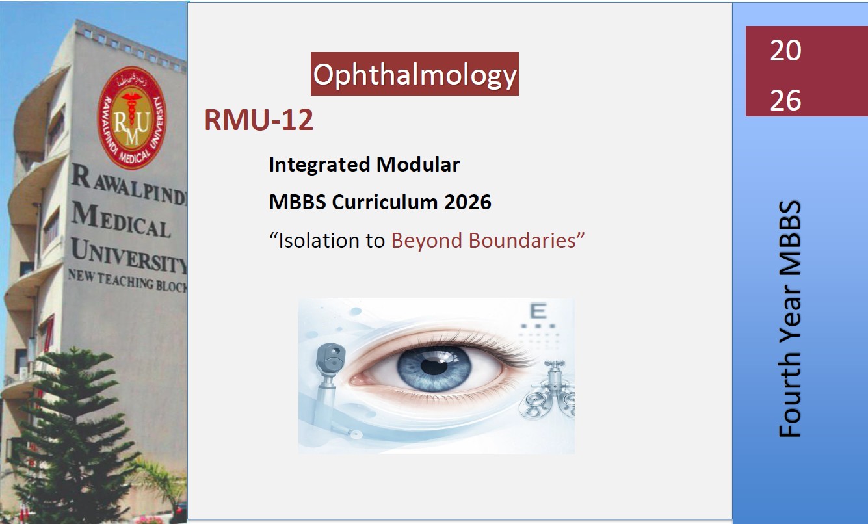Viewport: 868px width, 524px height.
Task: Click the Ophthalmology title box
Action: click(415, 73)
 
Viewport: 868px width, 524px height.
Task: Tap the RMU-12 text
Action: click(259, 120)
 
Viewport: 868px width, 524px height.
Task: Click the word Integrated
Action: click(319, 165)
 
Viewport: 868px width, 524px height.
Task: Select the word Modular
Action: click(417, 164)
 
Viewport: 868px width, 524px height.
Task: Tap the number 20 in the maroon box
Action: click(785, 51)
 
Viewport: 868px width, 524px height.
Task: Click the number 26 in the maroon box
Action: click(785, 100)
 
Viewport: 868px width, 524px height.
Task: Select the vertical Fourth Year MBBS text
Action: click(789, 319)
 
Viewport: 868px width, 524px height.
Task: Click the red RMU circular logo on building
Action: click(132, 118)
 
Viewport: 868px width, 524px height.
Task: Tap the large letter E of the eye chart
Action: click(538, 311)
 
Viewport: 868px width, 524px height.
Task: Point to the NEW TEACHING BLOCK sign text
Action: click(127, 281)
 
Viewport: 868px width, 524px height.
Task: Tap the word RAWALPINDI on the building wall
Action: click(129, 185)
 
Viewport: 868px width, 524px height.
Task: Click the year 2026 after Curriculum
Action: click(467, 202)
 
